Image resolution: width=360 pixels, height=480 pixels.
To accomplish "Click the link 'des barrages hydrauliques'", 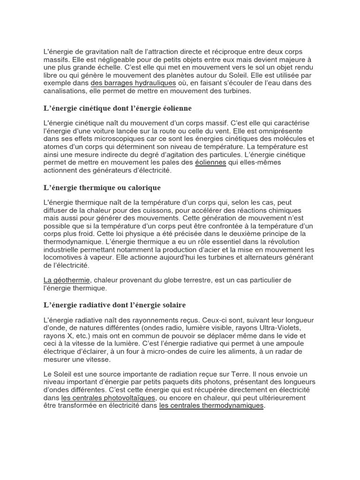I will (133, 83).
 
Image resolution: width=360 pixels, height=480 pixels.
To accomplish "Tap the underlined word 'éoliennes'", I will (210, 162).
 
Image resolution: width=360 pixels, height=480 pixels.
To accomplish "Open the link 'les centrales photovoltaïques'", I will (108, 397).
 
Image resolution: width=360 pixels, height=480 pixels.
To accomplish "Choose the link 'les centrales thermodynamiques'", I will (212, 405).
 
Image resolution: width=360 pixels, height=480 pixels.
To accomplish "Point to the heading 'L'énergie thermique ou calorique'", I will (102, 187).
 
